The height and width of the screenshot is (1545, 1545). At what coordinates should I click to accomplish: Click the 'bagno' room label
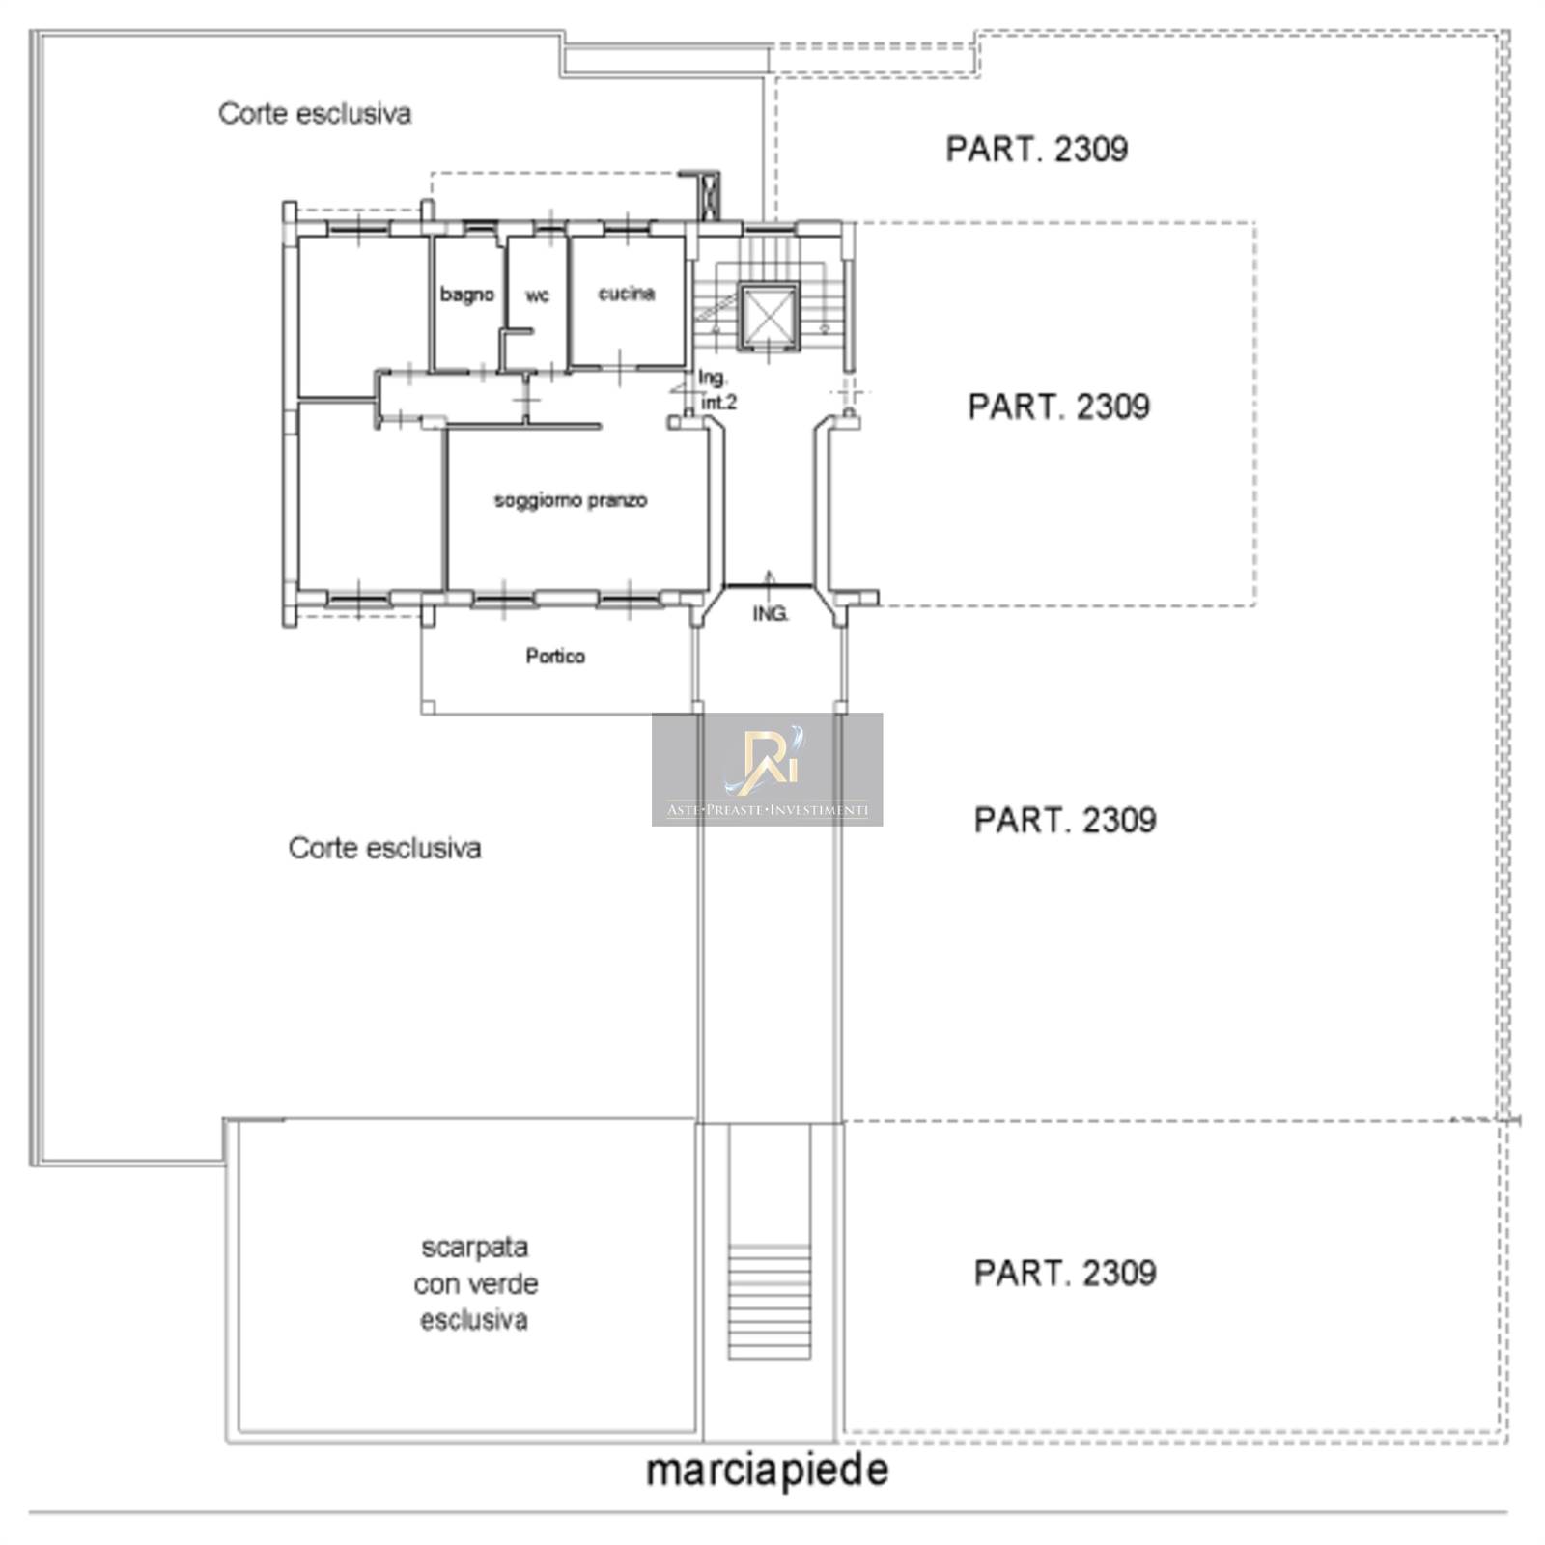pos(467,295)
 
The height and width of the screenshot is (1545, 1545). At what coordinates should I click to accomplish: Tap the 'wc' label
pos(537,295)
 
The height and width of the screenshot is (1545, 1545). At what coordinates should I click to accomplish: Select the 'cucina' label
pos(627,293)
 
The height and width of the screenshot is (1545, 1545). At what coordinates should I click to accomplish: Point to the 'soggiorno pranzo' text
pos(571,500)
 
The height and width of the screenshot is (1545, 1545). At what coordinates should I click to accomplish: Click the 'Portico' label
pos(555,656)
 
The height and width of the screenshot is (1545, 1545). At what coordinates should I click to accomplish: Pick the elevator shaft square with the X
pos(768,316)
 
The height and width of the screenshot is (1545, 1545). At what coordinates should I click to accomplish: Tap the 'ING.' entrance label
pos(771,613)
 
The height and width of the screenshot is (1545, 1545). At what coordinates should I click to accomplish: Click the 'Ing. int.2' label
pos(716,390)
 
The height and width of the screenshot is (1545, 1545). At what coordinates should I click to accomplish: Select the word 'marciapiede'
pos(767,1470)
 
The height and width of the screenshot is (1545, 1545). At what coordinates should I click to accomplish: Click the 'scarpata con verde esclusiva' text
pos(475,1283)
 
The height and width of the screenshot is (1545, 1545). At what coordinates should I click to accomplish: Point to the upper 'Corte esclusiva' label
pos(315,113)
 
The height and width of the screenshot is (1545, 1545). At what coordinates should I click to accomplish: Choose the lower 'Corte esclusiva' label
pos(384,848)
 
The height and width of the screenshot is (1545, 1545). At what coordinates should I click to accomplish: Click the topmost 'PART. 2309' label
pos(1036,149)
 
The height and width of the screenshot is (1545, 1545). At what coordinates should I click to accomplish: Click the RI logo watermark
pos(767,770)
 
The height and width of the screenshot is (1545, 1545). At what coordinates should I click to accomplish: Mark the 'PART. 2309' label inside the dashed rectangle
pos(1059,406)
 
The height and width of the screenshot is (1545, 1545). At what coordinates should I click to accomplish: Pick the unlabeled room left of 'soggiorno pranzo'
pos(371,496)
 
